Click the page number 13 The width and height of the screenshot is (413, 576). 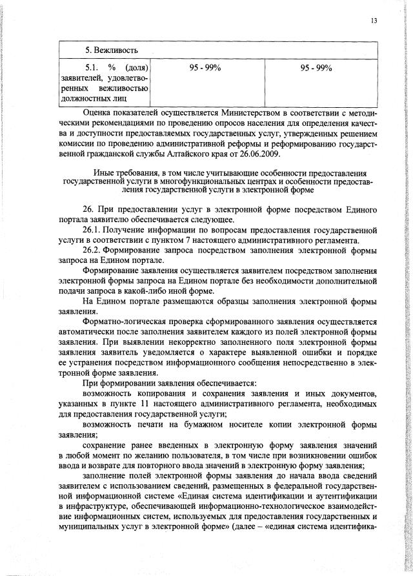coord(373,21)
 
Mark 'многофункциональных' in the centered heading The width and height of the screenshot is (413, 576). coord(213,183)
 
